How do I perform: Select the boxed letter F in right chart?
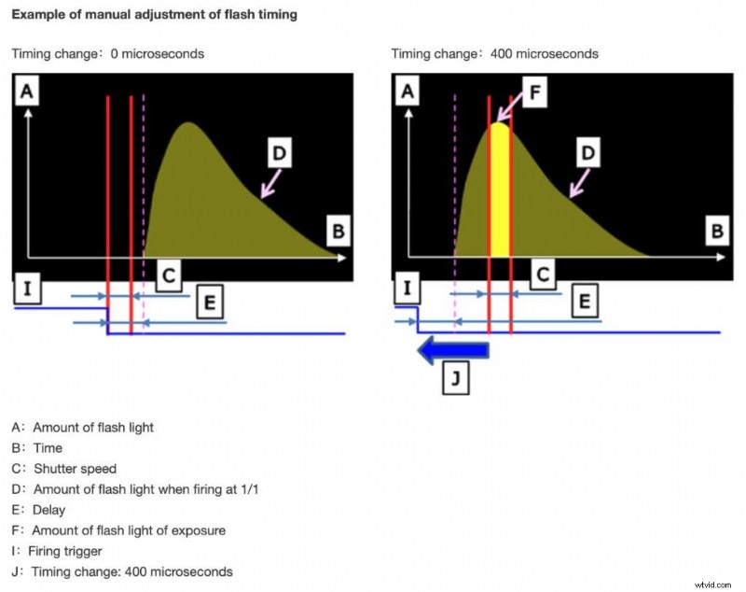pos(534,94)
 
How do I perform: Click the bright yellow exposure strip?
pos(500,196)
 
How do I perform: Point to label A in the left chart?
pos(27,92)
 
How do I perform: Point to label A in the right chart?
pos(407,92)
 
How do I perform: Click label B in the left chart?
pos(338,230)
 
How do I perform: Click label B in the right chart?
pos(717,230)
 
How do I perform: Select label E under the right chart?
pos(585,300)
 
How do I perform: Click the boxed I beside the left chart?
pos(27,290)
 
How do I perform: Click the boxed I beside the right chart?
pos(407,290)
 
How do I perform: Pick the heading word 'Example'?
pos(39,15)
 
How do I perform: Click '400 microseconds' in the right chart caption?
pos(550,53)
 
